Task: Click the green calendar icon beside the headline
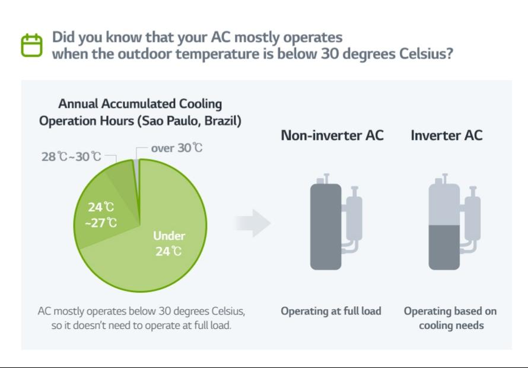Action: [33, 46]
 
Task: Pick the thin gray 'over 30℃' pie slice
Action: [138, 178]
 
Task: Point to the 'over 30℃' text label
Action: [176, 148]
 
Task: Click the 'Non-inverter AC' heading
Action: [332, 135]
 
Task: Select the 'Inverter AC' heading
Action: [446, 135]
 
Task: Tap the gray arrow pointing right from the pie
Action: [253, 223]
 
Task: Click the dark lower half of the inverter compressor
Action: [444, 246]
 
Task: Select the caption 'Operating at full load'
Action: [331, 311]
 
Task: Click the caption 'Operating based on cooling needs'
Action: [450, 318]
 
